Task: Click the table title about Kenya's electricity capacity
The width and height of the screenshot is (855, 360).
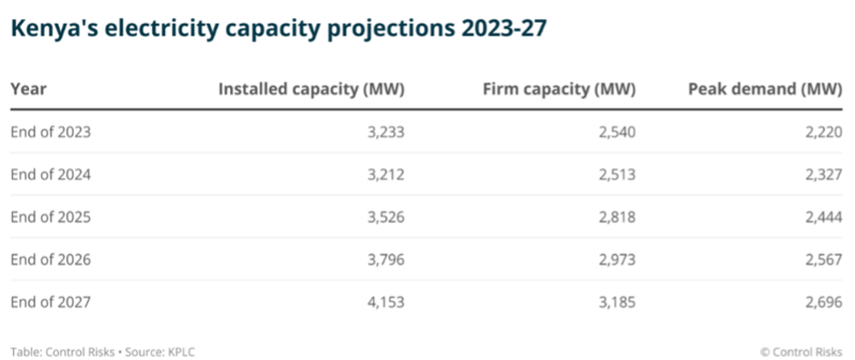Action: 278,29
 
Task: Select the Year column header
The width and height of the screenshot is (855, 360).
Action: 28,89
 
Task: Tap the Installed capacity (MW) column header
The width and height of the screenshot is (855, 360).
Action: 311,89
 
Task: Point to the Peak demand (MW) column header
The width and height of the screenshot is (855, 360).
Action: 765,89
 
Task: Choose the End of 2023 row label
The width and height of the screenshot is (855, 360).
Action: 50,132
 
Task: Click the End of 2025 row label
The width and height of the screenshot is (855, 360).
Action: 50,216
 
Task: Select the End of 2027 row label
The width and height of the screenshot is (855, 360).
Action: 50,301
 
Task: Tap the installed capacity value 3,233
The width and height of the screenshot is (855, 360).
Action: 386,132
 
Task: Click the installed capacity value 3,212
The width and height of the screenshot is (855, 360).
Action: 386,174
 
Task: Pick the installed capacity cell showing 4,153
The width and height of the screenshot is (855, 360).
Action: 386,301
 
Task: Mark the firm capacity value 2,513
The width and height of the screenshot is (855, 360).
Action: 617,174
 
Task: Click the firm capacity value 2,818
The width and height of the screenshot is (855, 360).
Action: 617,216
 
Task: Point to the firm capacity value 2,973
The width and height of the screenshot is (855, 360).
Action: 617,259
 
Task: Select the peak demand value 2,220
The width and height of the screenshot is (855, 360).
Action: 824,132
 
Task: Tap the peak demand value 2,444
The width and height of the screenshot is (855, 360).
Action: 824,216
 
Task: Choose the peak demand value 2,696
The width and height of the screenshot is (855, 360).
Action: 824,301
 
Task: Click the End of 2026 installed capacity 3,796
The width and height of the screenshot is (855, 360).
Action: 386,259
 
